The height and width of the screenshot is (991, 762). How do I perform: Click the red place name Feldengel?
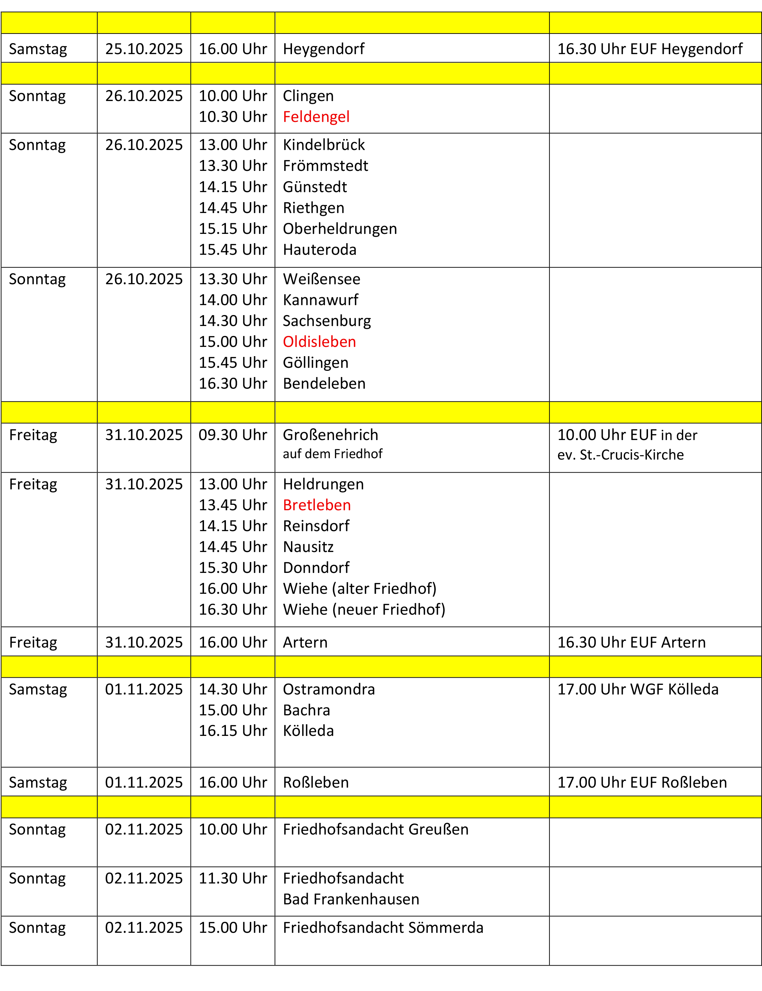316,117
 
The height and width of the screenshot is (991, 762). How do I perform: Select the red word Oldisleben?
319,342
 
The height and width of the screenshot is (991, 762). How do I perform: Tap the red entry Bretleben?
317,505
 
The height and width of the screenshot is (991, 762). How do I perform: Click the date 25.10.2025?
144,49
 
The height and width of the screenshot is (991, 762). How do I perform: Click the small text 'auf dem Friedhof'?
332,454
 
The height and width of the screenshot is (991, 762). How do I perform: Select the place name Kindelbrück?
324,145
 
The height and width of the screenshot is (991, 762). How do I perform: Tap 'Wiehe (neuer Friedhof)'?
364,610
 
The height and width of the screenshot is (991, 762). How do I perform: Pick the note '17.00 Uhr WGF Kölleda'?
638,689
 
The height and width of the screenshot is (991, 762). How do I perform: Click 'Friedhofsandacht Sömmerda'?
383,927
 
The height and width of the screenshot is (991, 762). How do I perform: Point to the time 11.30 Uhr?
233,878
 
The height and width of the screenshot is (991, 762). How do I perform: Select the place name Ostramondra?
329,689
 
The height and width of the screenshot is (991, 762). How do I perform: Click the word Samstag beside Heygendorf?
38,49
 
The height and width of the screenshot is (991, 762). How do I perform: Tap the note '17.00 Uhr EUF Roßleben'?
642,782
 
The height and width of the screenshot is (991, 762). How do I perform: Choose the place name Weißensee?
321,279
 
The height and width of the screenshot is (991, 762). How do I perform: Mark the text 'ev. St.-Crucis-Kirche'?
620,455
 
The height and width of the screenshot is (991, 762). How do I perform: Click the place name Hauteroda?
319,250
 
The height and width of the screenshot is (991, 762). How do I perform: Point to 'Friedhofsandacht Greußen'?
376,829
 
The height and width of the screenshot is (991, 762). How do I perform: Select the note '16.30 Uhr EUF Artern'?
631,642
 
